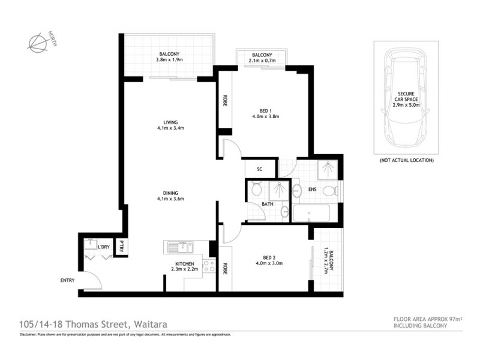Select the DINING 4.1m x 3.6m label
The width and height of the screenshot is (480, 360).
(170, 196)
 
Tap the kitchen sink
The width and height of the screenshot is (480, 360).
(178, 247)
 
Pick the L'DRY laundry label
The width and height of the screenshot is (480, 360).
(103, 247)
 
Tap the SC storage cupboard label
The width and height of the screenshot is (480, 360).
(260, 169)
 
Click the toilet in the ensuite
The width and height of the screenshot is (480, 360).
(328, 191)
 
